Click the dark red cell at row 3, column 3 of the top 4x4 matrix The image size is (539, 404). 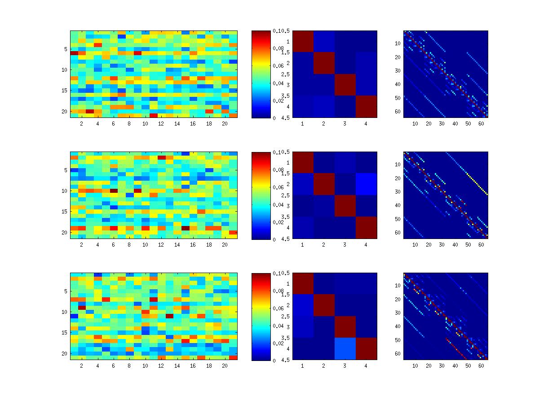345,85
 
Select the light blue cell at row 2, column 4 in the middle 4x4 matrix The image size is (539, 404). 366,184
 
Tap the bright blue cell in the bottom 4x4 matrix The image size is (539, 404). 345,348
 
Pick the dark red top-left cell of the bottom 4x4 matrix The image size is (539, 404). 302,283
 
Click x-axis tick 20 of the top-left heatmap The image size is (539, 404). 225,123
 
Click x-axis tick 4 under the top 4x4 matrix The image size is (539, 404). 366,123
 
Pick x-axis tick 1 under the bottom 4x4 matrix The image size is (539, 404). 302,365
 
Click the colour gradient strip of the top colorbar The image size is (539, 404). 260,74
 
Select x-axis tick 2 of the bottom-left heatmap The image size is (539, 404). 82,365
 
